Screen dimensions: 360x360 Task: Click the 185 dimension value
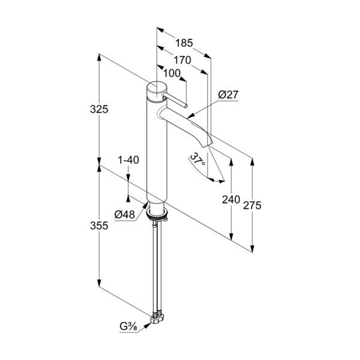pyautogui.click(x=184, y=43)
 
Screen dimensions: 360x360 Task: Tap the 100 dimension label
pyautogui.click(x=172, y=74)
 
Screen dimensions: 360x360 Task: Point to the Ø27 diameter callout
pyautogui.click(x=229, y=94)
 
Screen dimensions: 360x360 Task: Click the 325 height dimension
pyautogui.click(x=99, y=109)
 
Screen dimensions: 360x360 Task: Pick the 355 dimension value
pyautogui.click(x=99, y=226)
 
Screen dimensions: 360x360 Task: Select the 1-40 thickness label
pyautogui.click(x=128, y=160)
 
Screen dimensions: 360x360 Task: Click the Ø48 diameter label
pyautogui.click(x=124, y=214)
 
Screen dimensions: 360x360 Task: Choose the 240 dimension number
pyautogui.click(x=231, y=200)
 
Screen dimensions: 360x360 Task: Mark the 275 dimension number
pyautogui.click(x=252, y=205)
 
